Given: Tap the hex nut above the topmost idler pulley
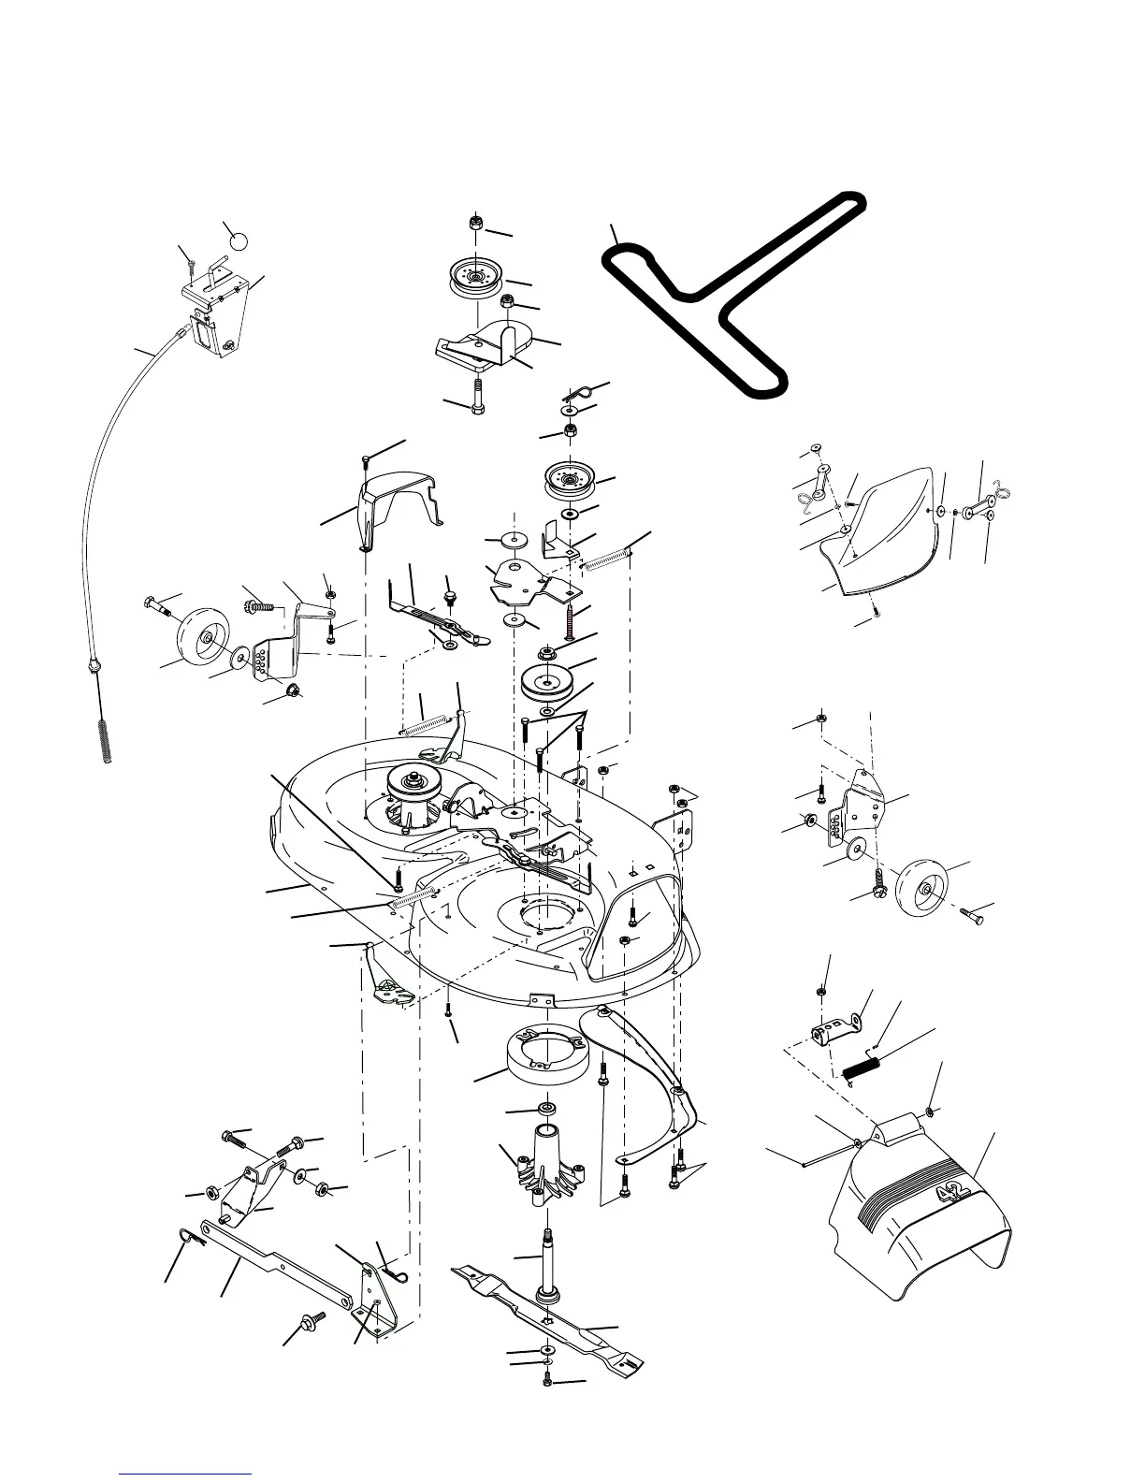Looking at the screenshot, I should [475, 225].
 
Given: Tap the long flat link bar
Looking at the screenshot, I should [271, 1262].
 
